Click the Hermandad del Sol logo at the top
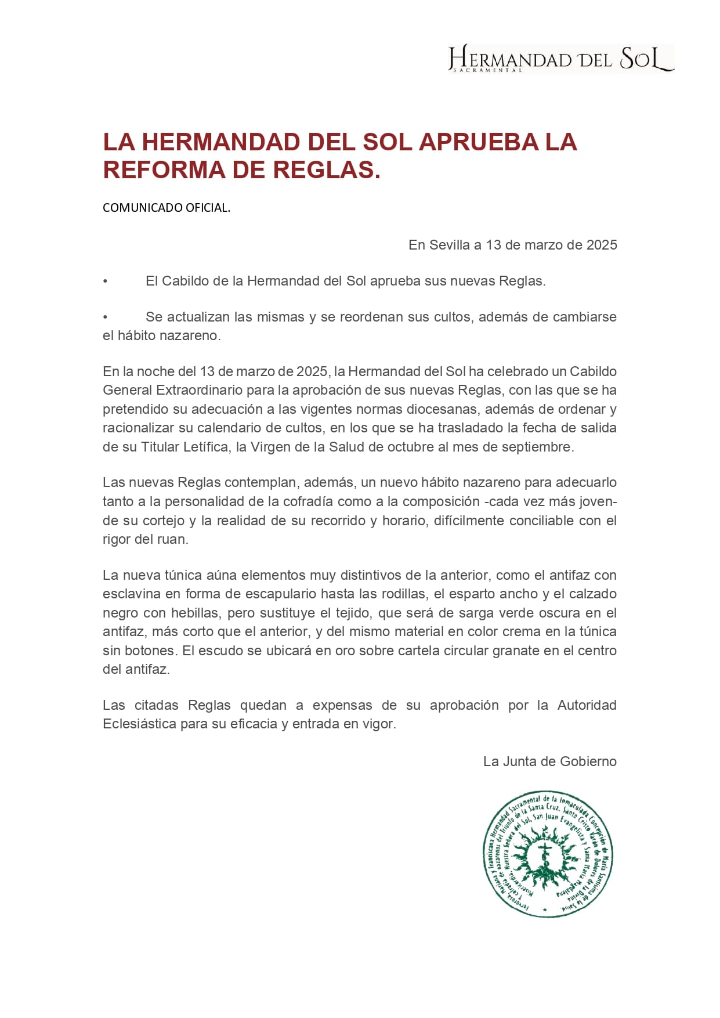point(560,58)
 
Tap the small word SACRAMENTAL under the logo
point(487,70)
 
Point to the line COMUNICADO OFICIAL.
point(167,208)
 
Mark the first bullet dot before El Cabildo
point(105,281)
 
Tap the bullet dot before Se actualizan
point(105,317)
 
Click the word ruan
point(172,539)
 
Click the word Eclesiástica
point(139,724)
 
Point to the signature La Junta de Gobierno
point(549,761)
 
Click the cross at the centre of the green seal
point(545,853)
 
